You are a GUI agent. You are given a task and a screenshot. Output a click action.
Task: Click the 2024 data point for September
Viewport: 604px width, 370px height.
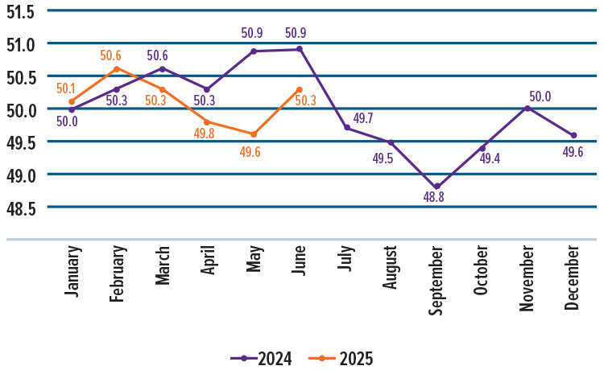[x=436, y=187]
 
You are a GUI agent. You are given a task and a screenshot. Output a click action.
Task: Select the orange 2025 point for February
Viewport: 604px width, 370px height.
[x=118, y=69]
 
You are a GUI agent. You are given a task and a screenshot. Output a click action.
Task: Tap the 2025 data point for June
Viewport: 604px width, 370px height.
[x=300, y=89]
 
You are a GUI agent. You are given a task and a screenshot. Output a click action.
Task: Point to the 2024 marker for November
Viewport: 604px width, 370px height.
[x=527, y=108]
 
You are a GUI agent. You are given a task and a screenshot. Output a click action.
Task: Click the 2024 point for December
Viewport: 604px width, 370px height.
[x=573, y=135]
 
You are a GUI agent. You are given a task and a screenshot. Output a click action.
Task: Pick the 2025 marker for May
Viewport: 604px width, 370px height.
[x=254, y=134]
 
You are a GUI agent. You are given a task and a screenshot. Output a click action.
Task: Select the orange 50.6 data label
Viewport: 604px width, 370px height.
[x=111, y=55]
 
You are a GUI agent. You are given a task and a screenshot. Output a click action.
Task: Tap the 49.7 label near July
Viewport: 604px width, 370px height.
[x=363, y=118]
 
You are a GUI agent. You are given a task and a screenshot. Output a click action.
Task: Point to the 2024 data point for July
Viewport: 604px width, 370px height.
[x=347, y=128]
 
